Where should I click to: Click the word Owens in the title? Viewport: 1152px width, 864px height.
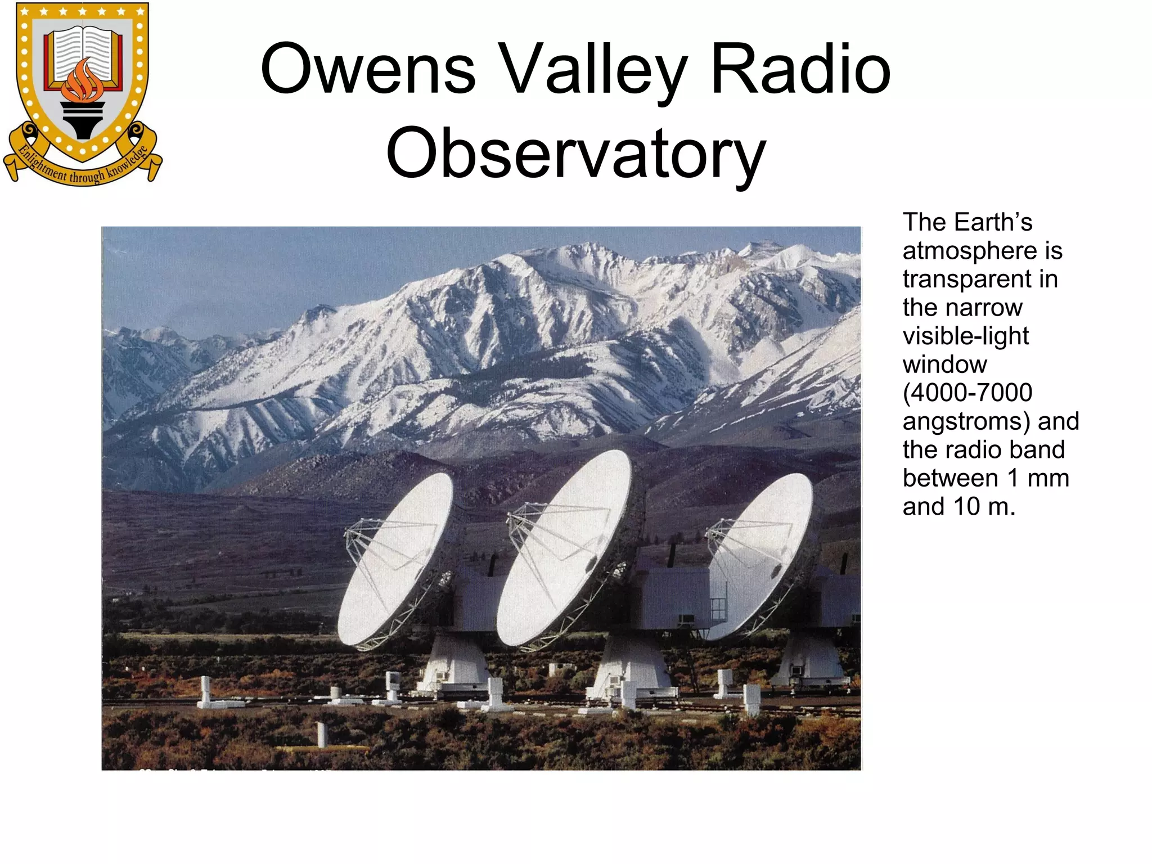tap(368, 70)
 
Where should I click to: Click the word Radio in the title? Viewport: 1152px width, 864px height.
tap(800, 70)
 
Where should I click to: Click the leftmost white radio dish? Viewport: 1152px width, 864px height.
tap(396, 560)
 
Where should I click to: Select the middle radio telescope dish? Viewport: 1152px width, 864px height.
tap(564, 548)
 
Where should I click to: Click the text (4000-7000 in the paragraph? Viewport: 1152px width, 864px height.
tap(967, 393)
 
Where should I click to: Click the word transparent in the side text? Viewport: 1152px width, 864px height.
tap(980, 280)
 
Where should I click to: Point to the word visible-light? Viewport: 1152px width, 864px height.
tap(965, 336)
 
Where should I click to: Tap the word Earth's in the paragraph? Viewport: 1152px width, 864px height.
tap(992, 222)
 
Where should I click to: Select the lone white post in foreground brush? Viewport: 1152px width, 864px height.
tap(322, 734)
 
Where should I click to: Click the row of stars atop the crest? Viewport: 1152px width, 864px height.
tap(83, 11)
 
